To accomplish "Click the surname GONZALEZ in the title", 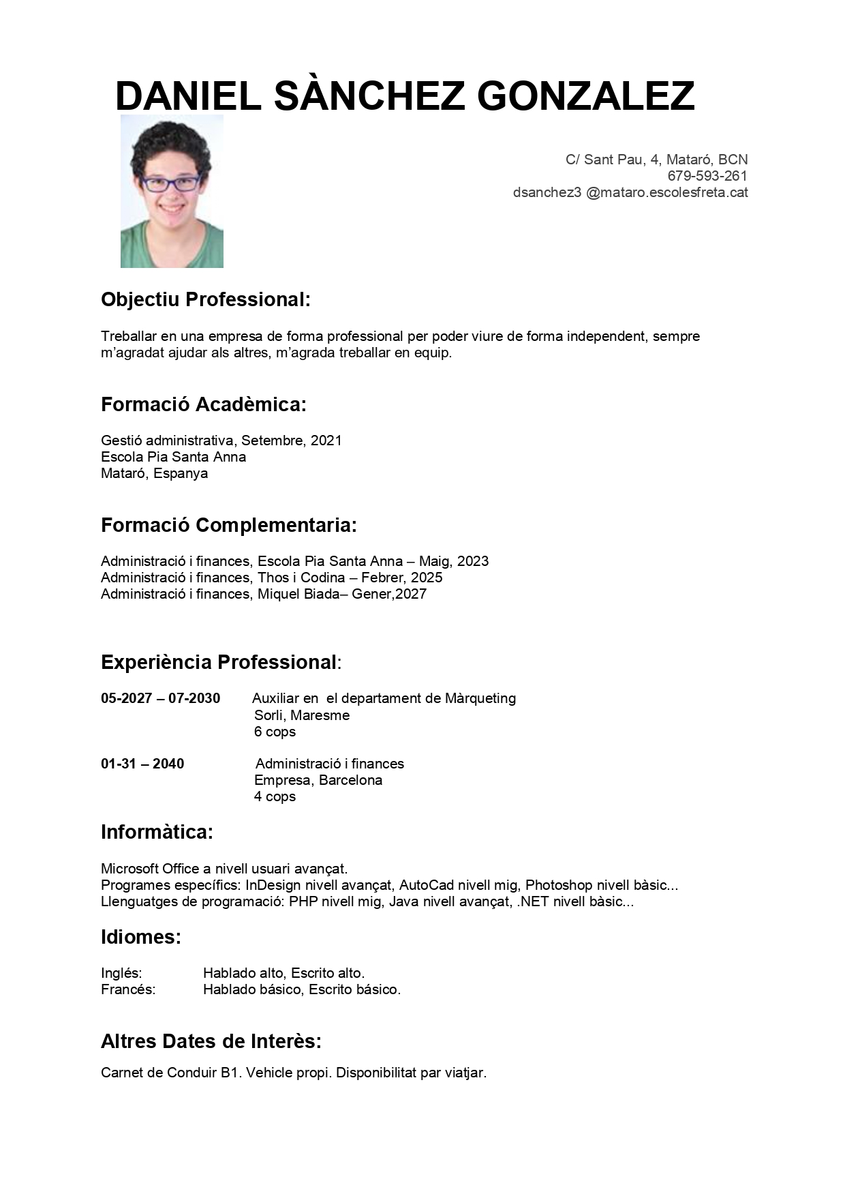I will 591,96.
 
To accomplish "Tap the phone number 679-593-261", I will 707,176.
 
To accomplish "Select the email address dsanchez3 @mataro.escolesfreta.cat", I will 630,192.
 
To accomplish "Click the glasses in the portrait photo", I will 171,183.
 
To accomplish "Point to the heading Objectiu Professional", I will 205,299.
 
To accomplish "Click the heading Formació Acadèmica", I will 203,404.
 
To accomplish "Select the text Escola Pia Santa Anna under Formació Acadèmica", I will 173,457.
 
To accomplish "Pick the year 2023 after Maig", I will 473,561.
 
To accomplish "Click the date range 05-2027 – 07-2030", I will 160,698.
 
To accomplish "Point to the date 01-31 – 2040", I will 142,764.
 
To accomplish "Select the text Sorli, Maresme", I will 302,715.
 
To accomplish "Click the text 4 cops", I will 275,796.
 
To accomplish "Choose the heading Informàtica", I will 157,832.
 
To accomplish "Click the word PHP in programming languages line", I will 303,901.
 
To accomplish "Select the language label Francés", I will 128,989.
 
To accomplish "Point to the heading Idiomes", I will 140,937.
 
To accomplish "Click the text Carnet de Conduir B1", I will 170,1073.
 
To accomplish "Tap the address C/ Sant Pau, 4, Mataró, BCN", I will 656,160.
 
